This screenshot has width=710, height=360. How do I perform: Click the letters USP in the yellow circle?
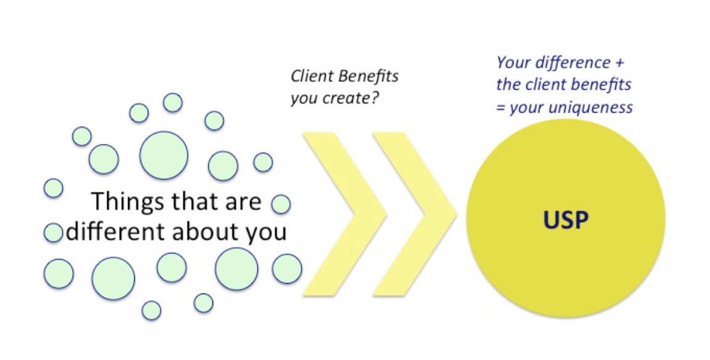565,220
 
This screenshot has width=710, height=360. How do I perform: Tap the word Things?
121,202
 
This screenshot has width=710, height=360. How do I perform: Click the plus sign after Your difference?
618,63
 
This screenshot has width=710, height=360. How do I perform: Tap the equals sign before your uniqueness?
501,108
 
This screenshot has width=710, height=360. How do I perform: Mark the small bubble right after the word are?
281,204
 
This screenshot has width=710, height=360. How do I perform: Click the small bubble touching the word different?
54,233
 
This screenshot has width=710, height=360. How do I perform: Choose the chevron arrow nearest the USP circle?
415,214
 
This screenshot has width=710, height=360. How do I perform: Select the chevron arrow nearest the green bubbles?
345,214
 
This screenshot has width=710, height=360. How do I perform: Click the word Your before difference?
514,62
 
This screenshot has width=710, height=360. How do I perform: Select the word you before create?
304,99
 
